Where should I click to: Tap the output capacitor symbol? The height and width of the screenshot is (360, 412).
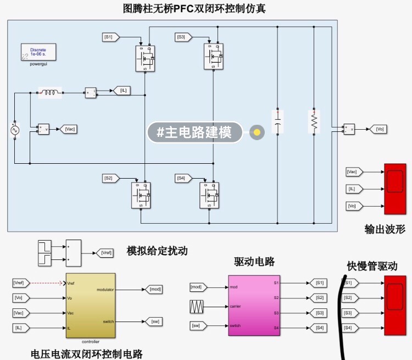277,120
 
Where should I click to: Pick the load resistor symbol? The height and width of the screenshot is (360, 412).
314,121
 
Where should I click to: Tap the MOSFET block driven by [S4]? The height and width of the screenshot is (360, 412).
209,195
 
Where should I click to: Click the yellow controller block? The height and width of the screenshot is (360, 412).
90,305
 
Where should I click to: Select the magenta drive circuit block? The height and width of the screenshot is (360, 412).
254,305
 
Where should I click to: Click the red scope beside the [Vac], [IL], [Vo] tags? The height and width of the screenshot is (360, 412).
395,189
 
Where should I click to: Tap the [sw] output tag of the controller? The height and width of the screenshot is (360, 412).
154,321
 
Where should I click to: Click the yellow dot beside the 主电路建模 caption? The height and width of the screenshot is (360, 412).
257,132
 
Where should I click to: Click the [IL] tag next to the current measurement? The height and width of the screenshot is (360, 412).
121,90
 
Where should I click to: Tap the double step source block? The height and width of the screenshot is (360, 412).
45,253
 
